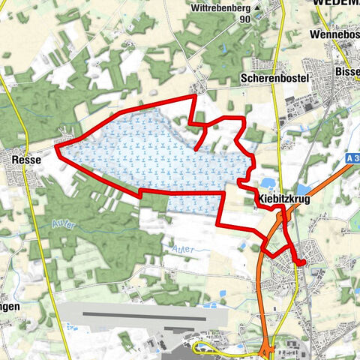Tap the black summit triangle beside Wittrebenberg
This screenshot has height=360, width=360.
pyautogui.click(x=257, y=8)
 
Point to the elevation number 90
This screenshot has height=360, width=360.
pyautogui.click(x=244, y=20)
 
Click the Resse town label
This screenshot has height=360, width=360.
pyautogui.click(x=25, y=159)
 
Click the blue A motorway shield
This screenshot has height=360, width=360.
pyautogui.click(x=352, y=158)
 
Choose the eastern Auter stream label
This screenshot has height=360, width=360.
pyautogui.click(x=182, y=245)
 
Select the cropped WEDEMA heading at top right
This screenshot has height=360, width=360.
pyautogui.click(x=337, y=3)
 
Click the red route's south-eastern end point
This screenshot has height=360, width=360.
pyautogui.click(x=301, y=262)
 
